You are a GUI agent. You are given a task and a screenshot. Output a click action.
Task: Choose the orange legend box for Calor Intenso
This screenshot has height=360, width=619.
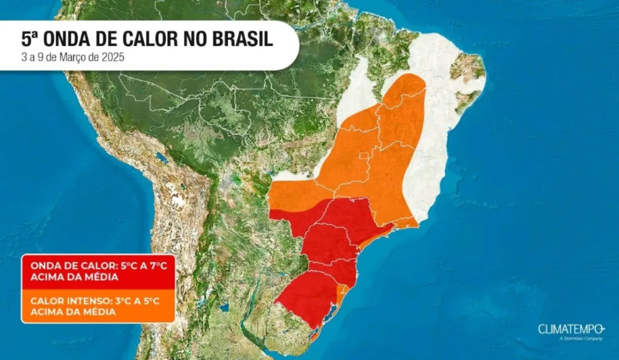tap(98, 306)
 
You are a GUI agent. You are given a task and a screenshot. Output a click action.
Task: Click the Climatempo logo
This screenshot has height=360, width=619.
tap(571, 329)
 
